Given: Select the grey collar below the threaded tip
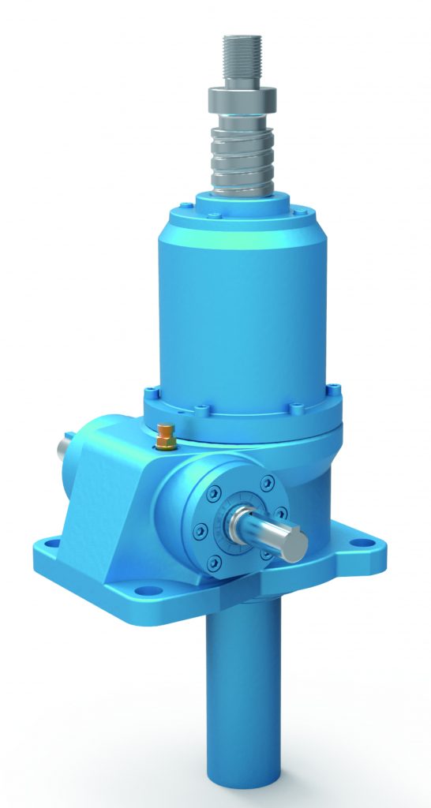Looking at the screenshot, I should [241, 99].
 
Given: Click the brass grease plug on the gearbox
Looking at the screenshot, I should [166, 436].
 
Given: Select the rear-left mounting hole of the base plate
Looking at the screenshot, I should [49, 544].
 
